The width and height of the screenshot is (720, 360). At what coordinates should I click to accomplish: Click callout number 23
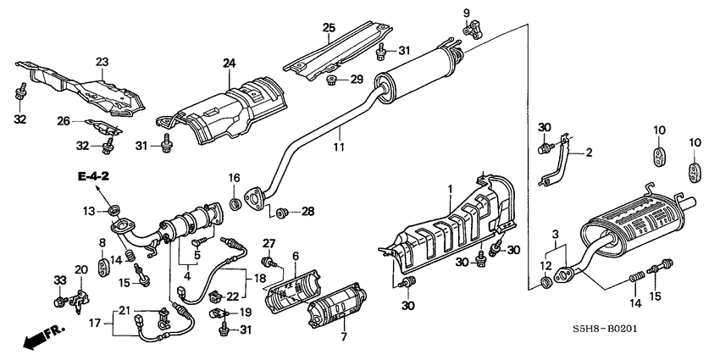tap(102, 61)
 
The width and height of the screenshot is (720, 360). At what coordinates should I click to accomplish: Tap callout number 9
tap(465, 12)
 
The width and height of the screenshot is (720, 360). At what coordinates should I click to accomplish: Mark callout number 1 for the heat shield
tap(451, 188)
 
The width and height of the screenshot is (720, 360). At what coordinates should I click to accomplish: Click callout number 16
tap(235, 176)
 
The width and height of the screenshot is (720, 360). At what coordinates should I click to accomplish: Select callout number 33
tap(59, 280)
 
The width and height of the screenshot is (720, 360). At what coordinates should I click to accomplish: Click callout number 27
tap(269, 245)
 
